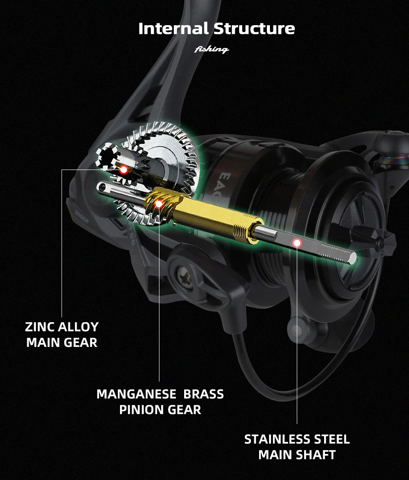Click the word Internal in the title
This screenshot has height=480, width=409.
[174, 29]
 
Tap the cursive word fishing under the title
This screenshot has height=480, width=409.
[211, 49]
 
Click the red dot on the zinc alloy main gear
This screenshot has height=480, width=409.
[123, 170]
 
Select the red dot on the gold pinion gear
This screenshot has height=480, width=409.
[159, 203]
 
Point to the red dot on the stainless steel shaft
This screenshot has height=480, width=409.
[297, 243]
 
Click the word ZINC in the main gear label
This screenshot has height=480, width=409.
[43, 327]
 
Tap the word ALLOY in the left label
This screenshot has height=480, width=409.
[81, 327]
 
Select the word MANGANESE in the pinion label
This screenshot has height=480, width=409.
[136, 394]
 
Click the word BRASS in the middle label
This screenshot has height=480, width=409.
[204, 394]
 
